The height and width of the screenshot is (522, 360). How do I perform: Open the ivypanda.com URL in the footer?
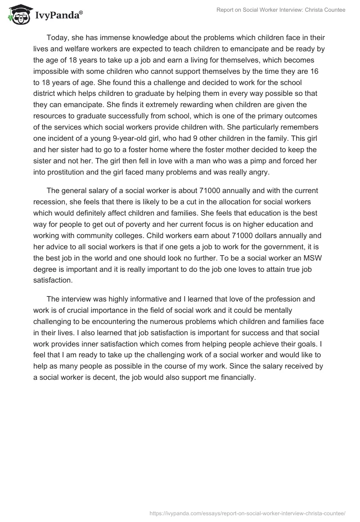point(247,513)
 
